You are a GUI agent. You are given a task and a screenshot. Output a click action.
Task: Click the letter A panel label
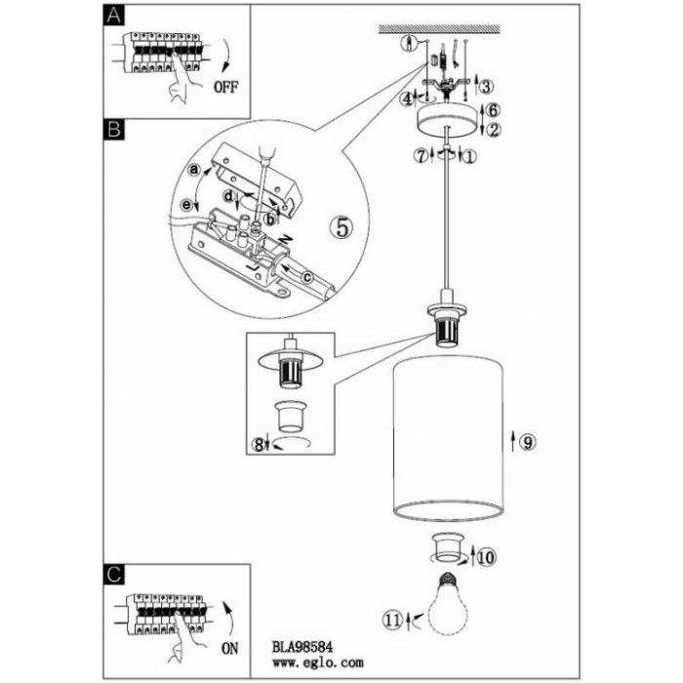click(x=114, y=16)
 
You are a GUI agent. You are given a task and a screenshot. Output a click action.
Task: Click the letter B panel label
click(x=114, y=129)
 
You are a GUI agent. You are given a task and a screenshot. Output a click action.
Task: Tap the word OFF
click(x=224, y=86)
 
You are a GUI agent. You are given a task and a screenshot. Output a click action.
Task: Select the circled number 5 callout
click(x=341, y=226)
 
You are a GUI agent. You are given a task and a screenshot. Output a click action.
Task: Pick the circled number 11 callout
click(x=391, y=618)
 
